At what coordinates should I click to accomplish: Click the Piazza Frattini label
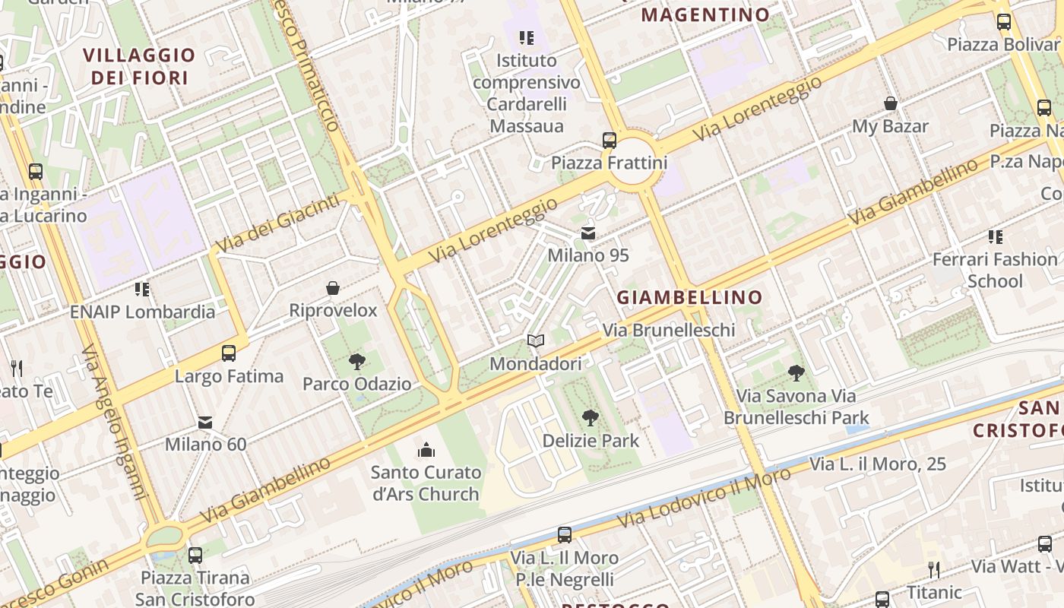609,163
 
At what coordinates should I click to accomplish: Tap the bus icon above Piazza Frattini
609,140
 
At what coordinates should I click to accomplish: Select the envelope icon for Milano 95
588,233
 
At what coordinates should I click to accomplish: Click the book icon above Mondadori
536,341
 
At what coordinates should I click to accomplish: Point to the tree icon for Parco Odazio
356,362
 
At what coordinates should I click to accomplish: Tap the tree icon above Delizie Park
590,417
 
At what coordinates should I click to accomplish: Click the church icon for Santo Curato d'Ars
426,450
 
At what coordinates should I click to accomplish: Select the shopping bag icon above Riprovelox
333,288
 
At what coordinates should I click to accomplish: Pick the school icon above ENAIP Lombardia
142,290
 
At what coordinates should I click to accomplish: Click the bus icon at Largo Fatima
229,353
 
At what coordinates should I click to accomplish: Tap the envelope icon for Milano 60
205,422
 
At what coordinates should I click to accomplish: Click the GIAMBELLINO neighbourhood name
689,297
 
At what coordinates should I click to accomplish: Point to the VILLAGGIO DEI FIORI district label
139,67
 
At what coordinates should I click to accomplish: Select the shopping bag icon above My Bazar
890,103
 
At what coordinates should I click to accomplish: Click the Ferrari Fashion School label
994,270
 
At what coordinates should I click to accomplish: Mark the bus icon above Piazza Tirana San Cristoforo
195,556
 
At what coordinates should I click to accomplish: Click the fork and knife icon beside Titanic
934,569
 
